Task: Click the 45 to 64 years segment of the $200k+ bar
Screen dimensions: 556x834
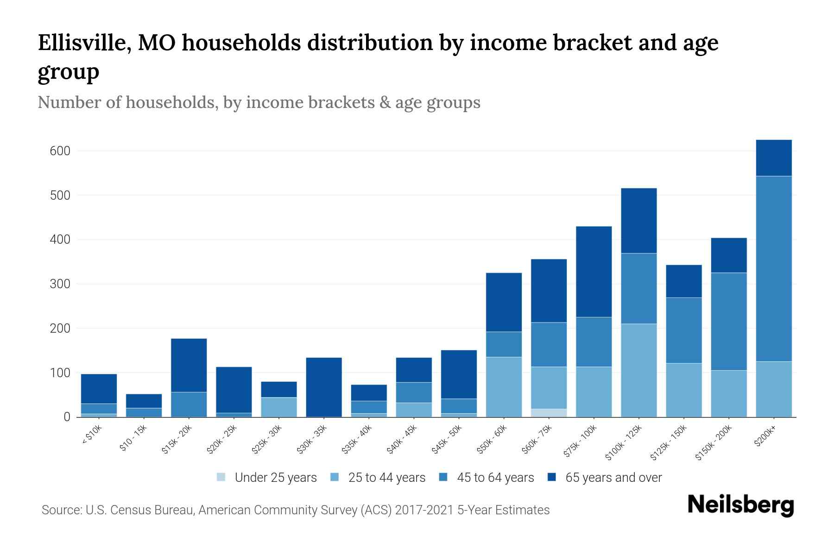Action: (x=773, y=269)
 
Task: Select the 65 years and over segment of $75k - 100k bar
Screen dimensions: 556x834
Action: (x=594, y=272)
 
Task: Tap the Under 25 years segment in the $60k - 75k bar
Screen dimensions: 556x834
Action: (x=549, y=412)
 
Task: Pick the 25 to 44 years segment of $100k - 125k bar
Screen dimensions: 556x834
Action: (x=638, y=370)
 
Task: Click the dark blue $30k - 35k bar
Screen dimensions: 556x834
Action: (x=324, y=387)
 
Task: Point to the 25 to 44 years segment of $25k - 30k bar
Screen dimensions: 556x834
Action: (x=279, y=407)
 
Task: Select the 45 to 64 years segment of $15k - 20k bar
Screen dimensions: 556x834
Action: (x=189, y=404)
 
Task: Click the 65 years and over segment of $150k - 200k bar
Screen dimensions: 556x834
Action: (x=728, y=255)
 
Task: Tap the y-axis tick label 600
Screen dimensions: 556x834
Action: (x=60, y=151)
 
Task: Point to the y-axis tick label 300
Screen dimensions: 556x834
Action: (x=60, y=284)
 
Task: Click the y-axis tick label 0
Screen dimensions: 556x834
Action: (x=67, y=417)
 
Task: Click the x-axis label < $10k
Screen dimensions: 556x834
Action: (x=92, y=435)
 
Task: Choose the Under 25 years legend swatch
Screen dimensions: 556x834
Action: (x=221, y=477)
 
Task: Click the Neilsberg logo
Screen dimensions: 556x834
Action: (x=740, y=505)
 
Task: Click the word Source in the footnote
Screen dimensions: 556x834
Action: (x=60, y=510)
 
